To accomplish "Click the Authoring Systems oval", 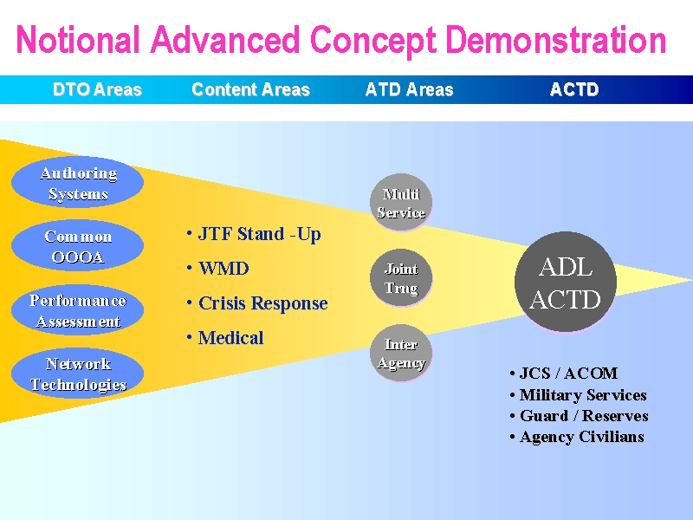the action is point(77,182).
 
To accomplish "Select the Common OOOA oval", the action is point(77,245).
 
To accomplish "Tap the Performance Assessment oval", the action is point(77,309).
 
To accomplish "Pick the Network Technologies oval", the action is point(77,374).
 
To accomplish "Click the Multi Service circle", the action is point(401,203).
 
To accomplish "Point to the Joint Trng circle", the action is point(401,277).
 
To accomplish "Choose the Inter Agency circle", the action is point(401,353).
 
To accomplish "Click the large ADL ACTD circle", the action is point(566,282).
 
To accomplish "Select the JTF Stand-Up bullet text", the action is point(254,234).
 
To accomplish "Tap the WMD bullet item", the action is point(218,269).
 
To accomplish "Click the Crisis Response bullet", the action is point(257,303).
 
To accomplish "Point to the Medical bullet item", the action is point(225,338).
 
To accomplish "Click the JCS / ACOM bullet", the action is point(564,374).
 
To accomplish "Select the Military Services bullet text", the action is point(578,394).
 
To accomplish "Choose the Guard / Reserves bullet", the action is point(579,416).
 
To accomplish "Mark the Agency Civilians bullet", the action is point(577,437).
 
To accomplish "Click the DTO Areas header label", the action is point(97,90).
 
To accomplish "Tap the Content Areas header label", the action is point(250,90).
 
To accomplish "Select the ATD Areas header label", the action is point(409,90).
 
